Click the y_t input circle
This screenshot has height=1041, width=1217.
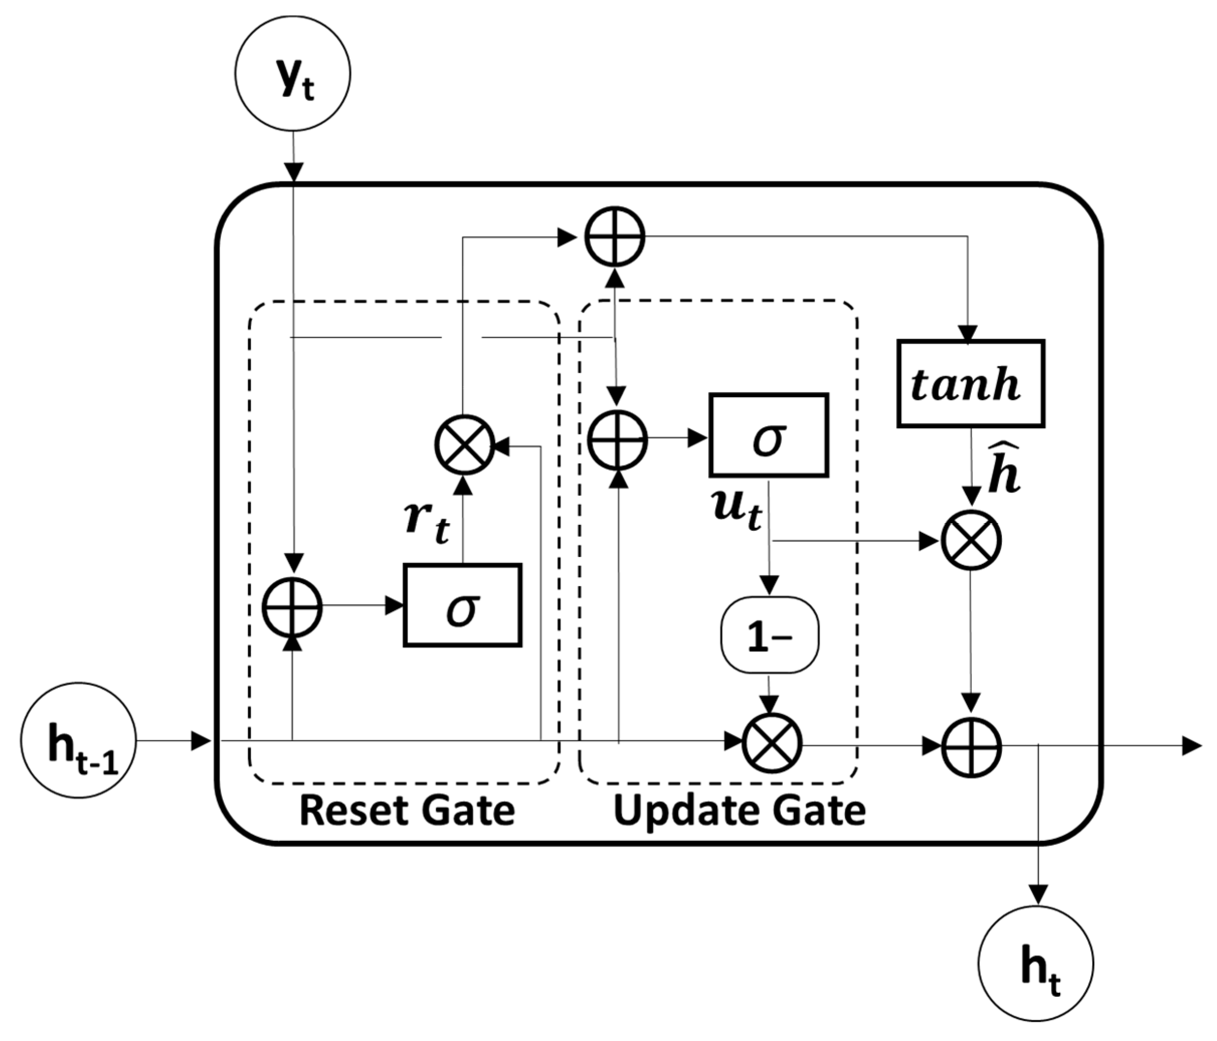tap(292, 73)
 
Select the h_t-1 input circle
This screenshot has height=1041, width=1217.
tap(78, 740)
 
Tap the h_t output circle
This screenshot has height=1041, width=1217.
tap(1036, 964)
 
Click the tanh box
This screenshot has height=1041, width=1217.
tap(970, 383)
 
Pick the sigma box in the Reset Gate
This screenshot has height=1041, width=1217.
tap(462, 605)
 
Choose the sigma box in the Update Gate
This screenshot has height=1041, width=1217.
tap(768, 435)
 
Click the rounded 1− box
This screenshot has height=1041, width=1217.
tap(769, 635)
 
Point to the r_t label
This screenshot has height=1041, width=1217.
tap(427, 522)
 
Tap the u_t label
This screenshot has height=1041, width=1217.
tap(737, 509)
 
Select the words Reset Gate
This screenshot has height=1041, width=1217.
tap(407, 811)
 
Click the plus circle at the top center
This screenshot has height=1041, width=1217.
tap(615, 237)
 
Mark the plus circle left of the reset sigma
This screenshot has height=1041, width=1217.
tap(292, 607)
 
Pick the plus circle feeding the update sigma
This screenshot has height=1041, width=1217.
tap(618, 439)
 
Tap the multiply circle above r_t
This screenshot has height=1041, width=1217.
tap(464, 444)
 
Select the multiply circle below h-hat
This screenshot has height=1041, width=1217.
tap(971, 540)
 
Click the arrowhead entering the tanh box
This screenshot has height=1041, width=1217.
tap(967, 333)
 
